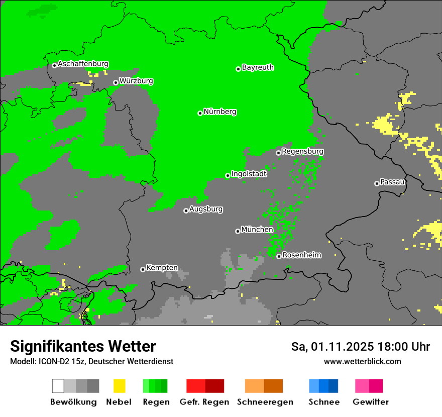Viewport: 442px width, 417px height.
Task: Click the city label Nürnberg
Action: point(220,112)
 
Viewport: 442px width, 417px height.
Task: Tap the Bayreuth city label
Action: point(258,67)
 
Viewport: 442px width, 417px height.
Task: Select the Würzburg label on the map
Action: point(136,81)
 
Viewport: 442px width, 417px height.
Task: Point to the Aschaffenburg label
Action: point(83,64)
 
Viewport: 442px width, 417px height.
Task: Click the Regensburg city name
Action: point(302,151)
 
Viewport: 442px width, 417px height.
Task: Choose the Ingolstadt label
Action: point(249,174)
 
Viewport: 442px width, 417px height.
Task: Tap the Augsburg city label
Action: point(206,209)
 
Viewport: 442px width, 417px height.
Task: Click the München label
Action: point(257,230)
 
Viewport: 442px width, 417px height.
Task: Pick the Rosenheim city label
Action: point(302,255)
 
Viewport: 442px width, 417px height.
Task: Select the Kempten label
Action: point(162,268)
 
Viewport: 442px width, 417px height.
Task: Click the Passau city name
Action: point(392,182)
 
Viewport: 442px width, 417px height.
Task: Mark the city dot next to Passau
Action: point(377,183)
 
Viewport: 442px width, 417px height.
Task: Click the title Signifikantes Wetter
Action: point(83,346)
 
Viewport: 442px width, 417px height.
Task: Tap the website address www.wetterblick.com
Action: point(363,361)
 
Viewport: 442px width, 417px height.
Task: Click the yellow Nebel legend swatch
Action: point(119,386)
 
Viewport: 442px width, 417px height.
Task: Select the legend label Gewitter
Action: point(371,402)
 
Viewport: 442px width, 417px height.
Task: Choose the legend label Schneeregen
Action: point(265,402)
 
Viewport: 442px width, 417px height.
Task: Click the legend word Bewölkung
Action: point(73,402)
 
